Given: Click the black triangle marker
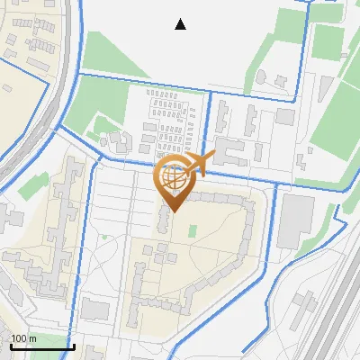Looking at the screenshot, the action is point(181,24).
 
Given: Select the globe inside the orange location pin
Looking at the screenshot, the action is point(173,178).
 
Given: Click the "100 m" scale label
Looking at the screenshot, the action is point(23,338).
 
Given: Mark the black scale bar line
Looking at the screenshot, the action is point(41,346).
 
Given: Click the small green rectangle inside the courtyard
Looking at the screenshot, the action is point(191,231).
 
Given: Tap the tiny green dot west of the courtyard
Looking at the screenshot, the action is point(104,238).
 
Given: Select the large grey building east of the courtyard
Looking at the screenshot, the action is point(294,221).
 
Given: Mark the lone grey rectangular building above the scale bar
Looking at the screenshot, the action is point(94,310).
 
